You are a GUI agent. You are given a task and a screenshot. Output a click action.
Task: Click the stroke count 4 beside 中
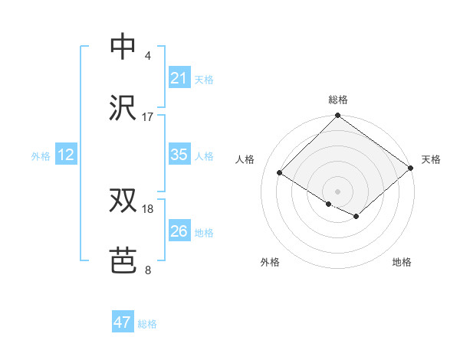[148, 56]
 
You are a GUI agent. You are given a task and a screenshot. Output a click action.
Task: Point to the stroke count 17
[148, 117]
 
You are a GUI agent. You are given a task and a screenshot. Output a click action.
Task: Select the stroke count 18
[148, 209]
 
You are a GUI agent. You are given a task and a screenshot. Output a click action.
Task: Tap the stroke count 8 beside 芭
[148, 270]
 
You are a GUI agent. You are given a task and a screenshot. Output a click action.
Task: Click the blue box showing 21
[179, 78]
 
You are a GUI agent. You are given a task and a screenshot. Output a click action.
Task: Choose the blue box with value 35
[179, 155]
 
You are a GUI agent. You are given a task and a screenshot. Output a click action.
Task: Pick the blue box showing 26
[179, 231]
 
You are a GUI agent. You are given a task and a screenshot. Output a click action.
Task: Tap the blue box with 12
[66, 155]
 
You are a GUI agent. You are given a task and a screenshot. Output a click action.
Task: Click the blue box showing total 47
[123, 322]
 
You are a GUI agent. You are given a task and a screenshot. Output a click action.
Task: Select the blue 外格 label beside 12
[41, 156]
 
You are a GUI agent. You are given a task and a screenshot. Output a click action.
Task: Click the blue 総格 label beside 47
[147, 324]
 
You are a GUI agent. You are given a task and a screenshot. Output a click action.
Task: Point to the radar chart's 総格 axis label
[338, 100]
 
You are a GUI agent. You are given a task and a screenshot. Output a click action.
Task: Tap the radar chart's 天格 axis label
[431, 159]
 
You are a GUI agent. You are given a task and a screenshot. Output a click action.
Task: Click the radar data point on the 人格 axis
[280, 173]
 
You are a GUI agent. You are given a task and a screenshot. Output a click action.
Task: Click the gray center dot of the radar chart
[337, 191]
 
